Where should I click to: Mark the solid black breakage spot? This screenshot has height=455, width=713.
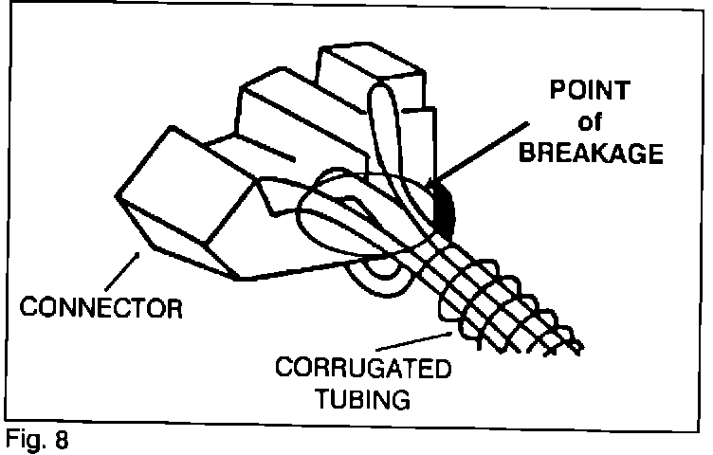pyautogui.click(x=444, y=208)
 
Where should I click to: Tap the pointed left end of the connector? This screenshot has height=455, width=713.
pyautogui.click(x=118, y=197)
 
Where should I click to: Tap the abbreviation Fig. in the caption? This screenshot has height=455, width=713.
pyautogui.click(x=26, y=441)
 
